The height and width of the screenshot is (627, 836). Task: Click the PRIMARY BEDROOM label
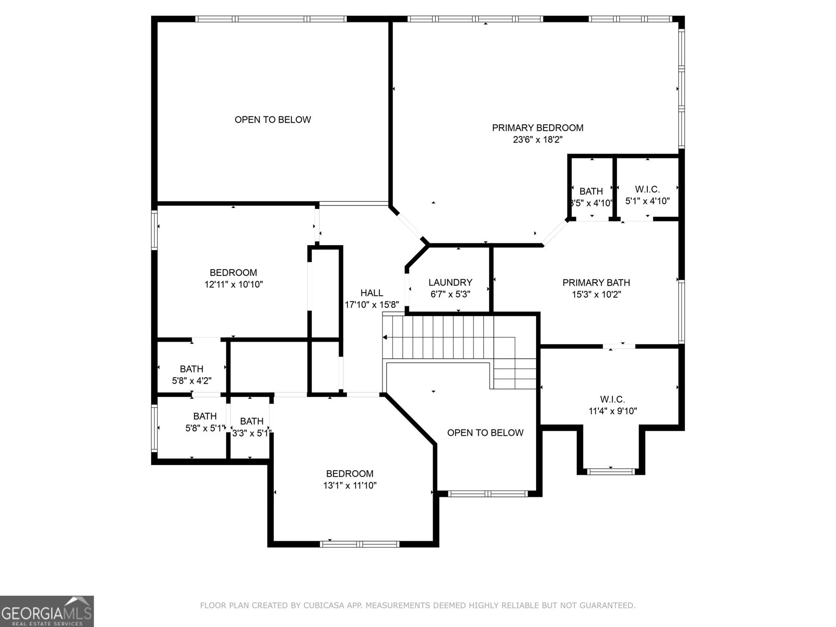(x=538, y=127)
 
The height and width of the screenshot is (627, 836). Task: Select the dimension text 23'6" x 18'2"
(x=538, y=140)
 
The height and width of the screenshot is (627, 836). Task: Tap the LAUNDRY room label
(x=450, y=282)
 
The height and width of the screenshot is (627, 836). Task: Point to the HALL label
(x=371, y=293)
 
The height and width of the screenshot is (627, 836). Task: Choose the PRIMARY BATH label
(x=596, y=282)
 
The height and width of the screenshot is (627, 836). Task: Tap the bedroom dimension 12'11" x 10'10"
(x=234, y=284)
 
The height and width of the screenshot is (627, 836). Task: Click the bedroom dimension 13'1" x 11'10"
(x=350, y=485)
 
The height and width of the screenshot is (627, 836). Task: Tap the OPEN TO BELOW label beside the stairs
(x=485, y=433)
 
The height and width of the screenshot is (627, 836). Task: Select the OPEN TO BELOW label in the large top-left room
(x=273, y=120)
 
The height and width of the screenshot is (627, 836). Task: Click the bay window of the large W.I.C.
(x=611, y=471)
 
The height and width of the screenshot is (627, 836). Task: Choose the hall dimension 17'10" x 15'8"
(x=371, y=305)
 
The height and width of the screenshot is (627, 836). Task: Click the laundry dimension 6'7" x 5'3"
(x=450, y=294)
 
